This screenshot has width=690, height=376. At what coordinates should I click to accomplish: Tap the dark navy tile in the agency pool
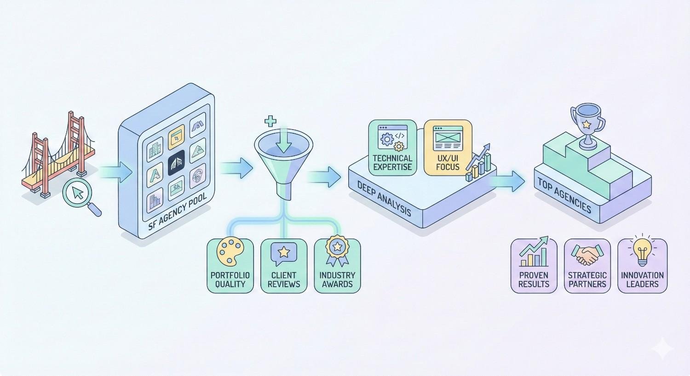point(177,163)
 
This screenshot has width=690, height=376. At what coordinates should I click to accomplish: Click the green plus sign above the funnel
point(270,121)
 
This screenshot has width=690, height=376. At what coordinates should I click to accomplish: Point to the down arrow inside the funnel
point(284,141)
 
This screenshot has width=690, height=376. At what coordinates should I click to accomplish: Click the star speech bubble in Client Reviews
point(284,253)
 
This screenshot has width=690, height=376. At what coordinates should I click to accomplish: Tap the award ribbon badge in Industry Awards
point(337,251)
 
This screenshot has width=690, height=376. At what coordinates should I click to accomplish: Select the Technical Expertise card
point(392,148)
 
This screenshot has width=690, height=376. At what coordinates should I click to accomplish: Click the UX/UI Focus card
point(448,148)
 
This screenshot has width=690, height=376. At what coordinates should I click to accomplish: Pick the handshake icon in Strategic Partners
point(587,255)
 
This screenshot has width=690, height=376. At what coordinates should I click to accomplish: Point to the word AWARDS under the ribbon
point(337,284)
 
